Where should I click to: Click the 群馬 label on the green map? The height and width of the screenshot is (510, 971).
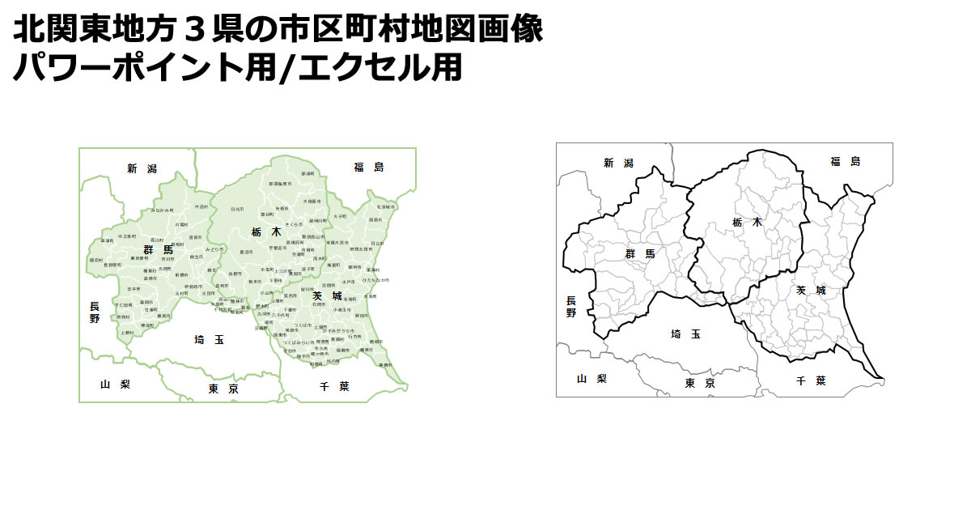pyautogui.click(x=158, y=249)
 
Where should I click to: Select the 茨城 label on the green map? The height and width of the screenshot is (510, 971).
pyautogui.click(x=327, y=295)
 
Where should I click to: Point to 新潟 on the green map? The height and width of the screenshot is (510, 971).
pyautogui.click(x=142, y=168)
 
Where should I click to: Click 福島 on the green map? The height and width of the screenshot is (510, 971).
pyautogui.click(x=368, y=167)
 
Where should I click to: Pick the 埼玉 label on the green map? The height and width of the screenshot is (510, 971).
pyautogui.click(x=209, y=339)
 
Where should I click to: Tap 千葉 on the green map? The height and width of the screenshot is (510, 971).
pyautogui.click(x=334, y=387)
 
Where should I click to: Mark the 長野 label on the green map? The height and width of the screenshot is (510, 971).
pyautogui.click(x=95, y=312)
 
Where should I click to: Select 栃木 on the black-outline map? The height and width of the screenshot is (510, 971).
pyautogui.click(x=746, y=221)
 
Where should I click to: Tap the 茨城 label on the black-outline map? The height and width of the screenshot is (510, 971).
pyautogui.click(x=810, y=289)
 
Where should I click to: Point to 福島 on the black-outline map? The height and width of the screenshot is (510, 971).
pyautogui.click(x=845, y=161)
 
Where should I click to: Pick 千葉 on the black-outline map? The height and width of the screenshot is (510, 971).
pyautogui.click(x=810, y=380)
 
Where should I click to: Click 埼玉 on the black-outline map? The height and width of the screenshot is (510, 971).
pyautogui.click(x=685, y=334)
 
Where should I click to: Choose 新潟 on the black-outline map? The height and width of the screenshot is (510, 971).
pyautogui.click(x=619, y=163)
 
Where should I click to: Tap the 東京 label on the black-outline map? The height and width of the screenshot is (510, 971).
pyautogui.click(x=699, y=383)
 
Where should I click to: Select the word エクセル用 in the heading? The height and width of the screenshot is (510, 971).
pyautogui.click(x=380, y=67)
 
